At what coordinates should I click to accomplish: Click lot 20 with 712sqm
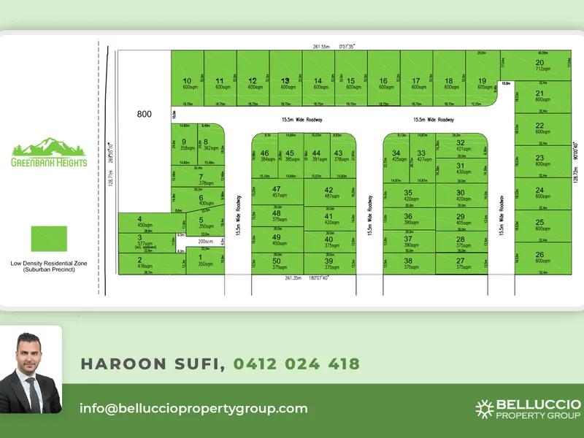[540, 66]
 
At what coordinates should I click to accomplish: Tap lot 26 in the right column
[539, 257]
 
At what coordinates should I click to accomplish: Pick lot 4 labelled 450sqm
[139, 222]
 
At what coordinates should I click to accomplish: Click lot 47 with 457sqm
[276, 192]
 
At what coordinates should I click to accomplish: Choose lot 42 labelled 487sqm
[328, 193]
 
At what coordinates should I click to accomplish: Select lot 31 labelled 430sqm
[461, 169]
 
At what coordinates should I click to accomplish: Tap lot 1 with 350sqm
[201, 260]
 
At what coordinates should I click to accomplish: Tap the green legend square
[49, 239]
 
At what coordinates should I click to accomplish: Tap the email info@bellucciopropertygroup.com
[193, 409]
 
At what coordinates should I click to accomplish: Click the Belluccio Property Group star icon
[484, 410]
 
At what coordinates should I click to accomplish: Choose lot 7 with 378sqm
[201, 180]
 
